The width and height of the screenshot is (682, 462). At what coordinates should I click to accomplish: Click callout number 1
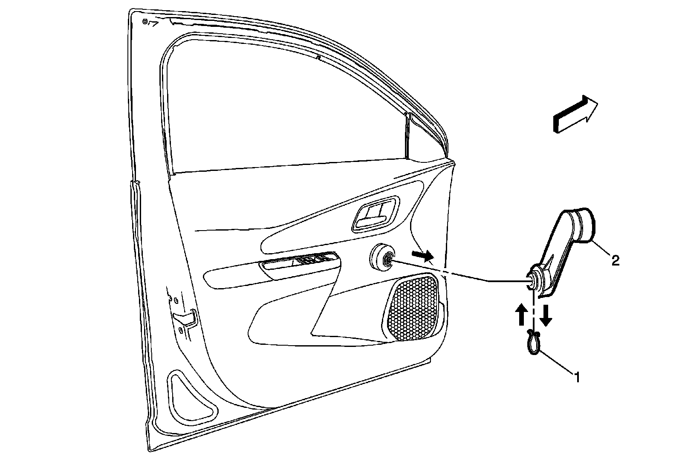(577, 377)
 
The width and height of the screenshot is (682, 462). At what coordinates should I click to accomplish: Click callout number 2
(615, 260)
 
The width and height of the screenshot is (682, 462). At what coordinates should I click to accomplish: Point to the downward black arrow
(546, 314)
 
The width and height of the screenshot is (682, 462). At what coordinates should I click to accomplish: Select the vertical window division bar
(407, 136)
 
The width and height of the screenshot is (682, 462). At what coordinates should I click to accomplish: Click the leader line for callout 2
(601, 249)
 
